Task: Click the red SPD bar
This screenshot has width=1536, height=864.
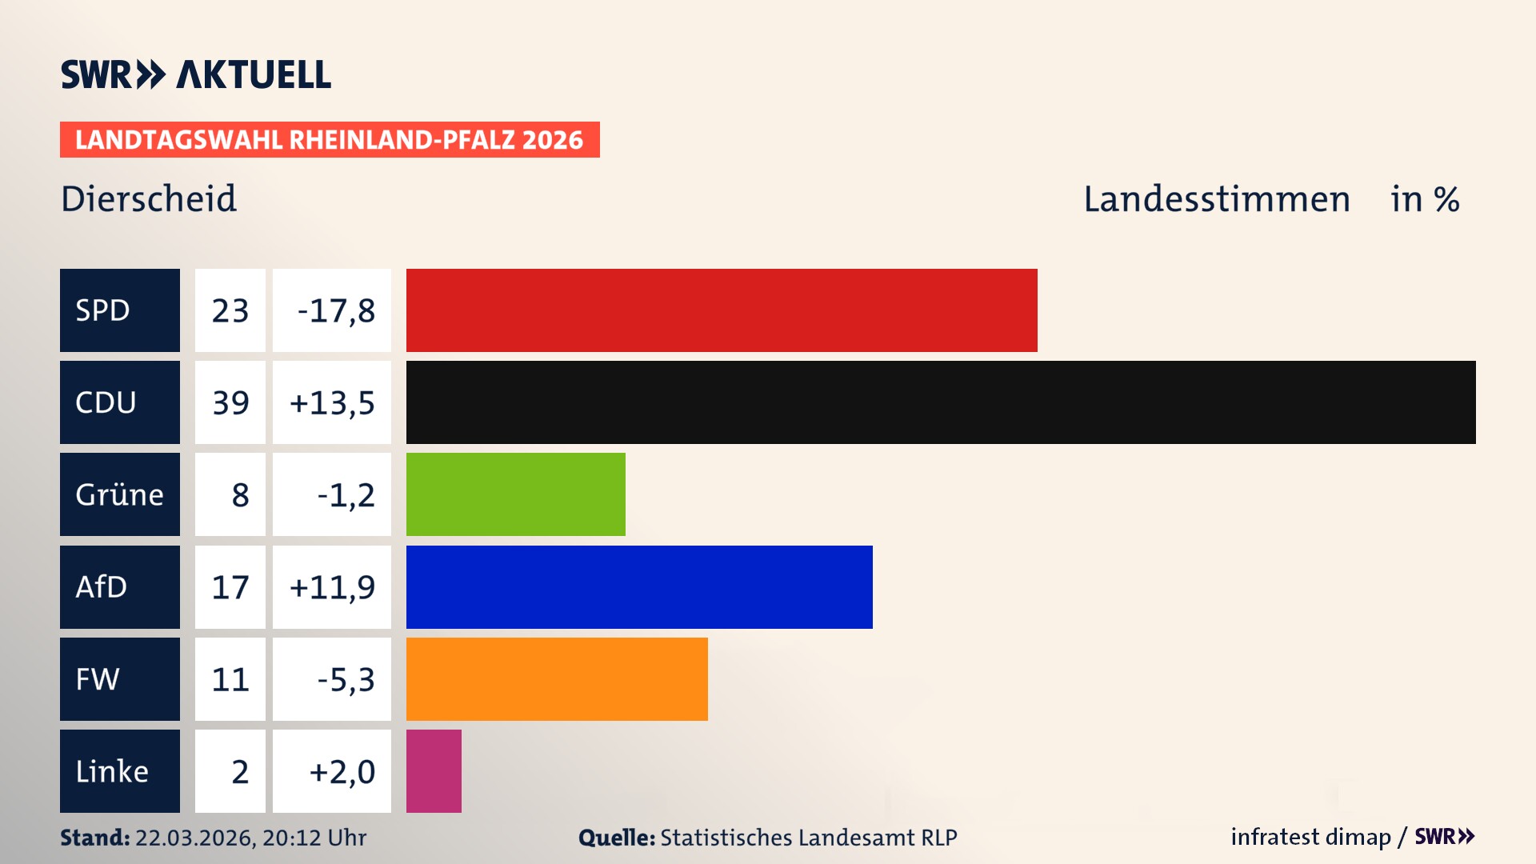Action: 722,310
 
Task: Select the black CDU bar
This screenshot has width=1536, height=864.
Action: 941,402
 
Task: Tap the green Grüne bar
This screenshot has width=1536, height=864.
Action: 516,494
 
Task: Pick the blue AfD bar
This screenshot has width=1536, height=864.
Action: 639,587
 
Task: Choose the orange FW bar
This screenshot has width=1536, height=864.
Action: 557,679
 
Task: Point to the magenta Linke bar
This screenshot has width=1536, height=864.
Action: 434,771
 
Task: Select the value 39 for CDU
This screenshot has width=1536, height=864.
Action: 230,402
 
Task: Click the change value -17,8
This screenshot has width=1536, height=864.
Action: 335,310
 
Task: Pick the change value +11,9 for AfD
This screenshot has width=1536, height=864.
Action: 332,587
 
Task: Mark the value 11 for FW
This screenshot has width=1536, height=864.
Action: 230,679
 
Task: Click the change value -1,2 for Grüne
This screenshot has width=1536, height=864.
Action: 346,494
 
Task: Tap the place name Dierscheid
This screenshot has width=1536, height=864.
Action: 149,198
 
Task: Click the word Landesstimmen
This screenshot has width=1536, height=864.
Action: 1216,198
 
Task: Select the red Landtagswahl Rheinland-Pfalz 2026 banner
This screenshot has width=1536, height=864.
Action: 330,139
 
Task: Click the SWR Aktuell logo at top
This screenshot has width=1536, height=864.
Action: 196,74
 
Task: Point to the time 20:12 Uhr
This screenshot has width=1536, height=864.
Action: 314,838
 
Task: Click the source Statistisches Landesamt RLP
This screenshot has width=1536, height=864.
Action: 808,838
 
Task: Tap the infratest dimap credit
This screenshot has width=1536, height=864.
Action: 1310,837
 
